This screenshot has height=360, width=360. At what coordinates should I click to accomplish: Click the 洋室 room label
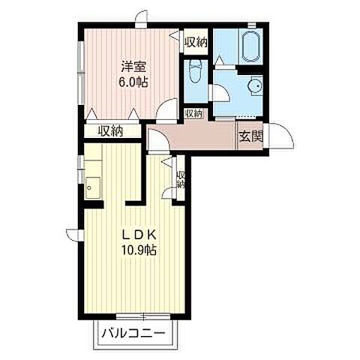click(133, 67)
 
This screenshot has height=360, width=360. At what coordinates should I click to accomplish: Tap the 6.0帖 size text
click(133, 82)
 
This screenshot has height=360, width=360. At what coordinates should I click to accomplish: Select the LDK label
click(139, 235)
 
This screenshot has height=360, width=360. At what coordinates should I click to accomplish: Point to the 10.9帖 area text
click(139, 250)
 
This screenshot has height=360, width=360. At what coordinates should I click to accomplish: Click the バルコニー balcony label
click(133, 333)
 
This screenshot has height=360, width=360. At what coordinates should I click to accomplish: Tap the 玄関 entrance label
click(251, 136)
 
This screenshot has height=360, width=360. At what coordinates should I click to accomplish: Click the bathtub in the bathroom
click(251, 46)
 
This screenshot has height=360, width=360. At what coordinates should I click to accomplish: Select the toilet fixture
click(196, 72)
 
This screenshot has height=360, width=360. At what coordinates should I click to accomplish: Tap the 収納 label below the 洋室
click(110, 130)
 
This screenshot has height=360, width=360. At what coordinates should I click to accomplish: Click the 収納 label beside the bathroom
click(196, 43)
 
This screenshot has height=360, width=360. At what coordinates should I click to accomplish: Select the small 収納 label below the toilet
click(193, 114)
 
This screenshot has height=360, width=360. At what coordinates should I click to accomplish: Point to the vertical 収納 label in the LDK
click(181, 180)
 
